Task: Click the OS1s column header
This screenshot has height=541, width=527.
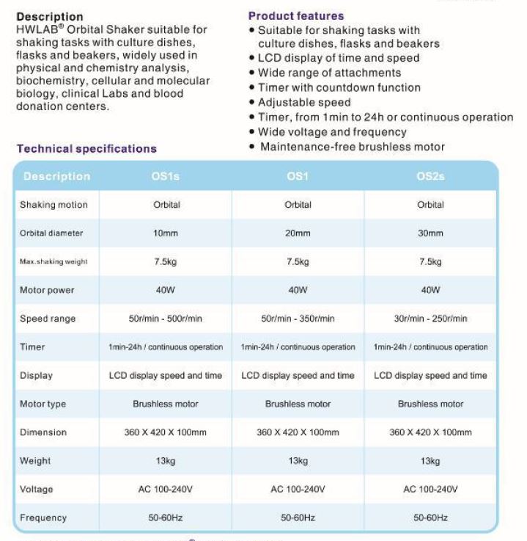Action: pos(165,176)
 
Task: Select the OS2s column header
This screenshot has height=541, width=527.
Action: pos(430,176)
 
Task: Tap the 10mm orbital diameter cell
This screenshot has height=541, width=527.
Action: pos(166,233)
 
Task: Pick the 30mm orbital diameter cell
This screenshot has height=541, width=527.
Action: pos(430,233)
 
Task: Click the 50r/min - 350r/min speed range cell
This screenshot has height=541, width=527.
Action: pos(298,319)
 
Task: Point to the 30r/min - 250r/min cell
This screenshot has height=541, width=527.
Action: pos(430,319)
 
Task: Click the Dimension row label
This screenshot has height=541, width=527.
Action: pos(43,432)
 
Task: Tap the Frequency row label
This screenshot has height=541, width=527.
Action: pos(43,518)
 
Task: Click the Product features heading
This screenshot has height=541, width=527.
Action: pos(295,15)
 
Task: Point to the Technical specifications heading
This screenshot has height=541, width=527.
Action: pos(86,148)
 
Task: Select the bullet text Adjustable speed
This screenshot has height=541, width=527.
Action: pos(304,102)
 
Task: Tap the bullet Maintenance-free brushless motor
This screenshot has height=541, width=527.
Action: pos(351,147)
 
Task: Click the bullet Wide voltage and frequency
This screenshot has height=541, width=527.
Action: pos(332,132)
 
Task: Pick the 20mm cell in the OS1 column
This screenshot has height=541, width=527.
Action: pos(298,233)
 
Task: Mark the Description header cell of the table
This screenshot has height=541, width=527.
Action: pos(56,176)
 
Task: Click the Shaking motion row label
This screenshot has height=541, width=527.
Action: pos(54,205)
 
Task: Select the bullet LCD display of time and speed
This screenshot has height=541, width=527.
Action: pos(339,58)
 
